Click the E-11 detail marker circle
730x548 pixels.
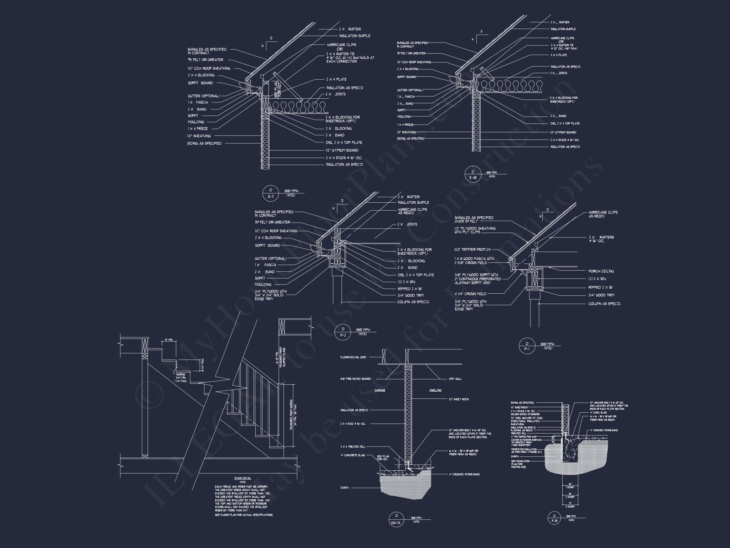point(271,193)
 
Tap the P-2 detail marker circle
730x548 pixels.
point(343,332)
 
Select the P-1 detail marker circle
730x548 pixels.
point(527,346)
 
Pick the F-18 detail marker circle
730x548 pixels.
point(554,519)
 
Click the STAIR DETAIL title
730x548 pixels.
point(243,478)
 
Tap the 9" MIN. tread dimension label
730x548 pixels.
point(169,340)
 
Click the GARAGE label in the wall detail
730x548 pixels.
point(380,390)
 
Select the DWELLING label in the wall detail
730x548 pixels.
point(435,390)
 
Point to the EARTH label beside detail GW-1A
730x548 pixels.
point(344,487)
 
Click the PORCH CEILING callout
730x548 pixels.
point(601,271)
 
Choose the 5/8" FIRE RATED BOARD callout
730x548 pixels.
point(355,379)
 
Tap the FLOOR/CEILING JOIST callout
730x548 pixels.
point(353,357)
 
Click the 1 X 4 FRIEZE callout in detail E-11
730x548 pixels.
point(198,128)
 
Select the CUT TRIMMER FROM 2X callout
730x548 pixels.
point(472,250)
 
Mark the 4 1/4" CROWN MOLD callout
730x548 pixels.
point(470,294)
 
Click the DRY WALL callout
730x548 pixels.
point(455,379)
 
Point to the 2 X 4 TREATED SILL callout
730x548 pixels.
point(353,447)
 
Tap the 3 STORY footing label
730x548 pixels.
point(570,507)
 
